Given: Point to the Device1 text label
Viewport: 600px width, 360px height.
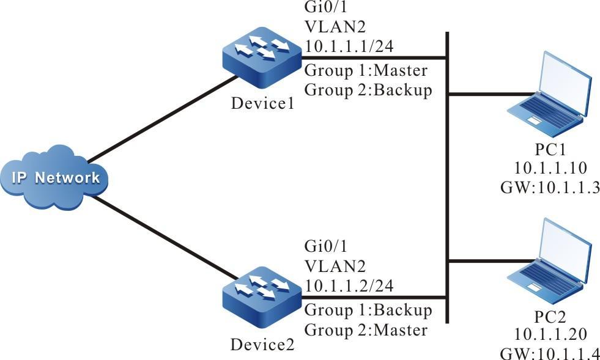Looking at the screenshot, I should (262, 103).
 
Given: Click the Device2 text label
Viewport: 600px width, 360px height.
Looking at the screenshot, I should (262, 344).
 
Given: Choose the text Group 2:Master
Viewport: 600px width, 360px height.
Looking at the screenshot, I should (365, 330).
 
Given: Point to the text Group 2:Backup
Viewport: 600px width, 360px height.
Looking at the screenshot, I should (368, 89).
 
